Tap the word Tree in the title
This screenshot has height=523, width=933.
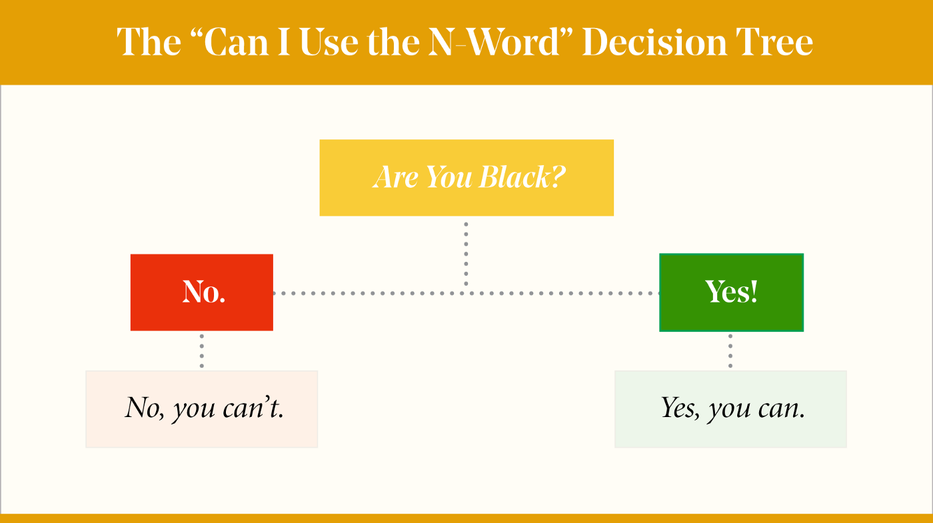[774, 42]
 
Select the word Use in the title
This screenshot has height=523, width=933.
[329, 42]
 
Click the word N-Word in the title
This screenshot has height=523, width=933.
[494, 42]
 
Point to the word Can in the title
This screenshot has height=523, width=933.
[236, 42]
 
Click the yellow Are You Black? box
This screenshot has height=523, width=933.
[467, 178]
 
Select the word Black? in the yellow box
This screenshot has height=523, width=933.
[522, 177]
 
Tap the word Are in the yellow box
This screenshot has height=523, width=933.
[395, 177]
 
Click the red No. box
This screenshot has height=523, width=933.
[201, 292]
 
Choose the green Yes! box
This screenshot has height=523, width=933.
[732, 292]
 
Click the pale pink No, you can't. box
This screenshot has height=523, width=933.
[201, 409]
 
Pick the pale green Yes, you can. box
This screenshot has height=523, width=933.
[730, 409]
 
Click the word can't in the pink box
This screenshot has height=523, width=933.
[253, 407]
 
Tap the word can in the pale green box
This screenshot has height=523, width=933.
[781, 408]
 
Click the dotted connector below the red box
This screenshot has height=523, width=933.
[201, 351]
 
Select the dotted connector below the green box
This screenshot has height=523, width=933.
[730, 351]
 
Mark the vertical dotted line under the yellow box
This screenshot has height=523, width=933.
[466, 254]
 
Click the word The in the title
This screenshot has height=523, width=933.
[149, 41]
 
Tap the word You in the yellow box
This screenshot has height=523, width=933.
[449, 177]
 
